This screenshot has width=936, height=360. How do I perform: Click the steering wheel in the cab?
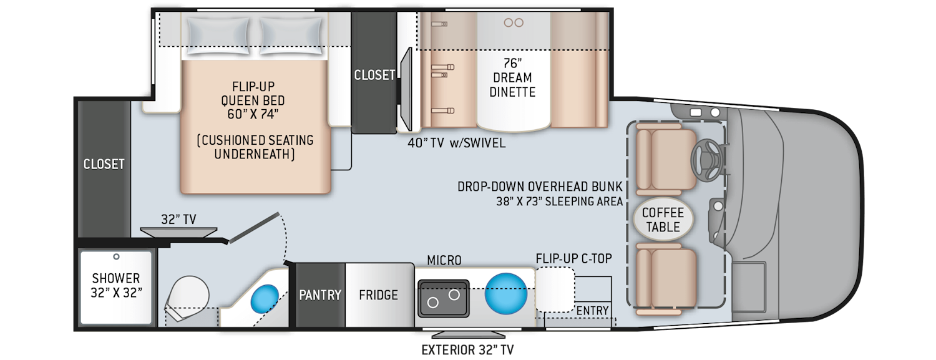pyautogui.click(x=707, y=159)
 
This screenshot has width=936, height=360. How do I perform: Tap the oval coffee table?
pyautogui.click(x=663, y=220)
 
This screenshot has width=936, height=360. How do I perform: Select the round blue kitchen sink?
pyautogui.click(x=505, y=293)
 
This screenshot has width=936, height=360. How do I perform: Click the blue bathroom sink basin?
pyautogui.click(x=265, y=299)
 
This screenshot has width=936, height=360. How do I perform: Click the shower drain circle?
pyautogui.click(x=116, y=256)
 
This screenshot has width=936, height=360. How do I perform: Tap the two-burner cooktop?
pyautogui.click(x=443, y=299)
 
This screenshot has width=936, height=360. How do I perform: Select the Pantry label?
pyautogui.click(x=320, y=295)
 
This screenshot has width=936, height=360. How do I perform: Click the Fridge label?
pyautogui.click(x=378, y=295)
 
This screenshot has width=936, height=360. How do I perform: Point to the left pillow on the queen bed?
pyautogui.click(x=218, y=36)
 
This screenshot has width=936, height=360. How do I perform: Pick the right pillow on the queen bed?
pyautogui.click(x=291, y=36)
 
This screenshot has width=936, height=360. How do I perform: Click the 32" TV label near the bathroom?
pyautogui.click(x=178, y=219)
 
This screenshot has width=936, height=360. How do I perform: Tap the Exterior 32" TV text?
pyautogui.click(x=467, y=349)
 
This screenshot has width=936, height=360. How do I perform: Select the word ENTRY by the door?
pyautogui.click(x=592, y=311)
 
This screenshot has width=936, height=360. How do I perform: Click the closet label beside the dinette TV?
pyautogui.click(x=374, y=75)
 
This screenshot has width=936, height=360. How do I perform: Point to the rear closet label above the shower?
pyautogui.click(x=104, y=164)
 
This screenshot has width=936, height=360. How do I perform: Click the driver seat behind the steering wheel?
pyautogui.click(x=666, y=159)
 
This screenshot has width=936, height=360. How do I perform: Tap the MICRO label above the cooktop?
pyautogui.click(x=444, y=260)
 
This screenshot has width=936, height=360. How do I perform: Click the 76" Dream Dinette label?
pyautogui.click(x=512, y=78)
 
